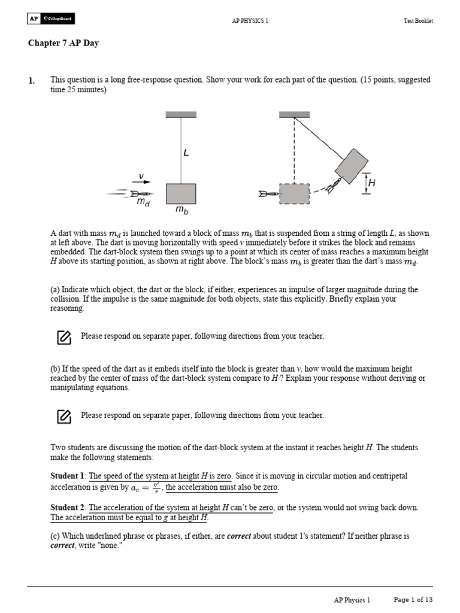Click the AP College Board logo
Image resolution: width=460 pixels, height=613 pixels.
click(51, 19)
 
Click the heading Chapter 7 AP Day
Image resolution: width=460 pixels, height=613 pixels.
click(63, 44)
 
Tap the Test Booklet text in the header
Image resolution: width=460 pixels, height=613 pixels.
click(417, 20)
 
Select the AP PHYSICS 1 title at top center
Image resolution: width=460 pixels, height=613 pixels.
click(250, 20)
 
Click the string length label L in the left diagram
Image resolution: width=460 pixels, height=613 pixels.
click(186, 153)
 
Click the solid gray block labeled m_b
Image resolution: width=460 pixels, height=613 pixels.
click(181, 193)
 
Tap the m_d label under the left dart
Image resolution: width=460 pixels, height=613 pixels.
click(143, 203)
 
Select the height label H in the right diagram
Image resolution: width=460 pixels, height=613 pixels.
click(371, 184)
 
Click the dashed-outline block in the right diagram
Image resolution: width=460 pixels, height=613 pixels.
click(294, 194)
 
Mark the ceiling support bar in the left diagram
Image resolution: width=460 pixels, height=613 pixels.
click(181, 114)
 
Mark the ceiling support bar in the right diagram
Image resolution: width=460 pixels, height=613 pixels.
click(294, 114)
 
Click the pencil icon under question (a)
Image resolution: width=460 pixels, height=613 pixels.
click(64, 337)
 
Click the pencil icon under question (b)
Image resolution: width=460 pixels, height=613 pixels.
click(64, 416)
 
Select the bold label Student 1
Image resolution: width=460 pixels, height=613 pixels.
click(68, 476)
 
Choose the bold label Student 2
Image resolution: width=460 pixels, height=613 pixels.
click(68, 508)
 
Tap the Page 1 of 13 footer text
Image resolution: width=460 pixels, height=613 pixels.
click(413, 600)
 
